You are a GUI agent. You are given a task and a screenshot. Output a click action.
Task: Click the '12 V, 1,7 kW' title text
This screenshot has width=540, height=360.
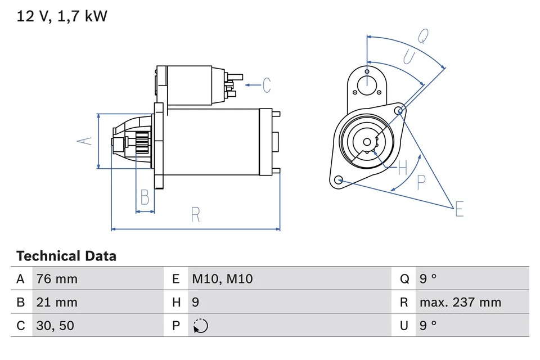click(62, 16)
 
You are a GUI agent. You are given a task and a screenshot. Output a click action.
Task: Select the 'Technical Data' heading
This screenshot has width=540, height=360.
click(66, 256)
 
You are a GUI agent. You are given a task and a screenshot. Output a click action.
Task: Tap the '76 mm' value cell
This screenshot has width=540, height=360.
click(57, 278)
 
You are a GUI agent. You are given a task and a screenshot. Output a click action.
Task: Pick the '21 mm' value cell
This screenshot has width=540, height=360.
click(57, 302)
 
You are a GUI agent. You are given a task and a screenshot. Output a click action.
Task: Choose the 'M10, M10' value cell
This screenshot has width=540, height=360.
click(222, 278)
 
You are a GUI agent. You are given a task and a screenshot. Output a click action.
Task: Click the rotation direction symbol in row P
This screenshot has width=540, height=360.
click(200, 326)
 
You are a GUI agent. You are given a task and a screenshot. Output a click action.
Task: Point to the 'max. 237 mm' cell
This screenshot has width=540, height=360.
click(460, 302)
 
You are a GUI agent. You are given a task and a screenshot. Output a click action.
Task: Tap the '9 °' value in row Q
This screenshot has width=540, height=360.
click(428, 278)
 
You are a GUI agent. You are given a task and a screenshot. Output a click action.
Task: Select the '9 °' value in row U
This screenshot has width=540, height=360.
click(428, 326)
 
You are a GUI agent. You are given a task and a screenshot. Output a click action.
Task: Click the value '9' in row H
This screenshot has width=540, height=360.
click(196, 302)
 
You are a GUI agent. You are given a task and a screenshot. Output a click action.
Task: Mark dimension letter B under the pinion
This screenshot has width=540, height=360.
click(145, 197)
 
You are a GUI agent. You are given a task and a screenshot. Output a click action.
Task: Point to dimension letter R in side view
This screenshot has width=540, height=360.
click(195, 215)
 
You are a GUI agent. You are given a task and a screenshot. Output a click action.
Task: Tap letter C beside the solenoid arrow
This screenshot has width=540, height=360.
click(266, 85)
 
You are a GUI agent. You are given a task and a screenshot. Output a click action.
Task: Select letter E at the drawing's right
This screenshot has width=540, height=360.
click(459, 209)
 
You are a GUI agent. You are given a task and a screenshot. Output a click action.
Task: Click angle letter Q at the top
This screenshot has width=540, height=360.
click(422, 36)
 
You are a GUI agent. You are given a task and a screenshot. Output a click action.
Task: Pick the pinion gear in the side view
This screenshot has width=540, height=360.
click(142, 143)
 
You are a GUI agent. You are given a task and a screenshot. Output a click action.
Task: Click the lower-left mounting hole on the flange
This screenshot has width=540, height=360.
click(338, 180)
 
